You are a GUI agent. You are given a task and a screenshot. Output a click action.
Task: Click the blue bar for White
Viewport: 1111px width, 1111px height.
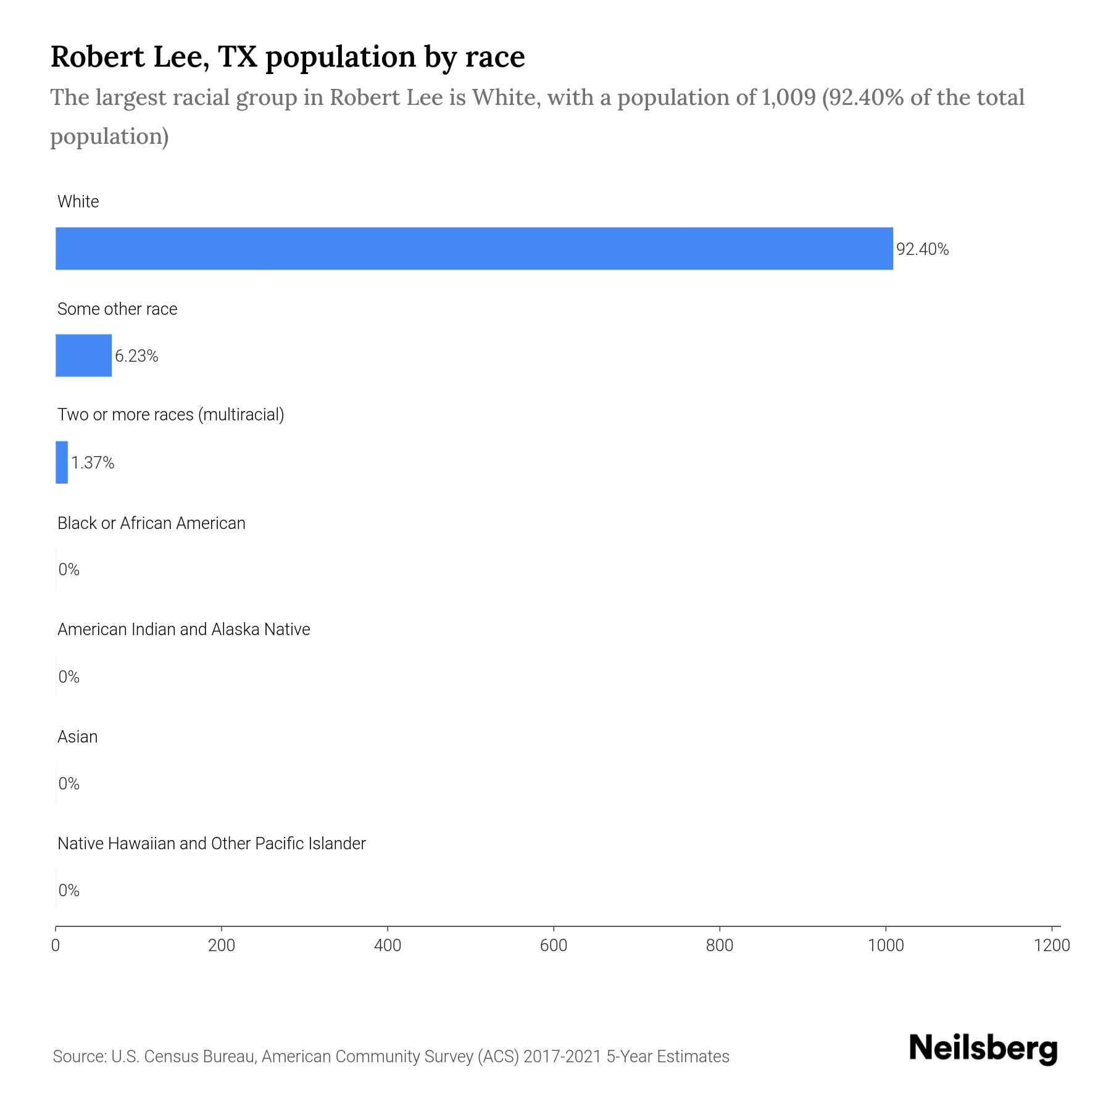474,248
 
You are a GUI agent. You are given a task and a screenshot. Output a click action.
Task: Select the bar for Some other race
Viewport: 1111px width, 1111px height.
83,356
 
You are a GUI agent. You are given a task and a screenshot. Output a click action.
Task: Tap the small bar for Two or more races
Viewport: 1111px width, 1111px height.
62,462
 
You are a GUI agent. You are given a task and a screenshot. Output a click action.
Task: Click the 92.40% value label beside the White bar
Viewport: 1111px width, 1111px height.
922,249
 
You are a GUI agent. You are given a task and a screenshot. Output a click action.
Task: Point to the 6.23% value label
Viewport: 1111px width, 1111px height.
136,356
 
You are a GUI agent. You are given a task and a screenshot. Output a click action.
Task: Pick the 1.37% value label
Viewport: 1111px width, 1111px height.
93,463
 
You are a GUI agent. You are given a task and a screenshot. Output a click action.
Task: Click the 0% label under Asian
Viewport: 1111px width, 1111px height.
69,784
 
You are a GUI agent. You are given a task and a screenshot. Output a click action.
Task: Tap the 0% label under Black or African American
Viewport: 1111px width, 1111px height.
69,570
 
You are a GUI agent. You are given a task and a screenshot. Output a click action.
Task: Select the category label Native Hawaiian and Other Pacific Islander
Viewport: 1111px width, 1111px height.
211,844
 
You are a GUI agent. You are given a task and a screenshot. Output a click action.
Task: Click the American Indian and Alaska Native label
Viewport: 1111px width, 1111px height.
183,630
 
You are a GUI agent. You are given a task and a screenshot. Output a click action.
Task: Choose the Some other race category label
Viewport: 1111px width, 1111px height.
117,309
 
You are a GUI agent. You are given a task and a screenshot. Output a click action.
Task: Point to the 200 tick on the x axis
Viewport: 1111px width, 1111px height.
222,946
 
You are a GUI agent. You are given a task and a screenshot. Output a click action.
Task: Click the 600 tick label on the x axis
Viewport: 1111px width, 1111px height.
554,946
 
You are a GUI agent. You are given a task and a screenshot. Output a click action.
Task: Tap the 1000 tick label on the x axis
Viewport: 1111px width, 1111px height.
886,946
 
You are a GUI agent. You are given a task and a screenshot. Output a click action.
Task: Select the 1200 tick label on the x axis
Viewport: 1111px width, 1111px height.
1052,946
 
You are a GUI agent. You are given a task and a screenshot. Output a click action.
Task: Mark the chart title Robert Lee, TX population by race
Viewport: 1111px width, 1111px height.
288,57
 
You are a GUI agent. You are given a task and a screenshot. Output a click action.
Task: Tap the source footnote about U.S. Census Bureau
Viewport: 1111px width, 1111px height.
391,1057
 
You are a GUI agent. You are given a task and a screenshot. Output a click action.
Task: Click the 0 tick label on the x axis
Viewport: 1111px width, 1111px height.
56,946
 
